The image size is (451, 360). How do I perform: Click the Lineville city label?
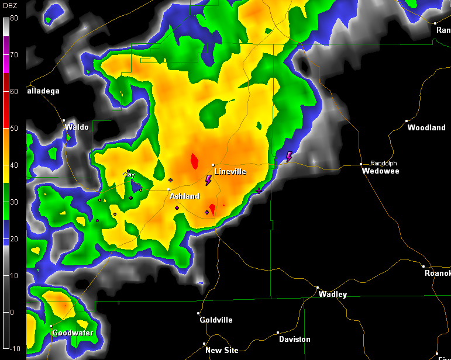point(230,172)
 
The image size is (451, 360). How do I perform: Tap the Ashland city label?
point(184,196)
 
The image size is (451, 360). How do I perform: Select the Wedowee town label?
point(380,171)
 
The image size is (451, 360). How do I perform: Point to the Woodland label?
point(426,127)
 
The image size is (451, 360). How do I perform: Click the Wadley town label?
point(332,295)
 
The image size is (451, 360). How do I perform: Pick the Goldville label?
point(216,320)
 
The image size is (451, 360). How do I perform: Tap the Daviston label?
point(294,339)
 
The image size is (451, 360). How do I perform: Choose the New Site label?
point(222,350)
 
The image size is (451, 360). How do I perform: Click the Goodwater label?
point(73,333)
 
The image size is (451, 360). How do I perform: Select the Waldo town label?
point(77,127)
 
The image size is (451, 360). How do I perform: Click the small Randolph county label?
point(384,163)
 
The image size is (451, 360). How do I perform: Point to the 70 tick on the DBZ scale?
point(14,54)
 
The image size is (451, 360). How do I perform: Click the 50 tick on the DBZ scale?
point(14,128)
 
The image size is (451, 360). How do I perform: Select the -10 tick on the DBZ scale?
point(14,348)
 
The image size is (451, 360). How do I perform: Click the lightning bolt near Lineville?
point(208,180)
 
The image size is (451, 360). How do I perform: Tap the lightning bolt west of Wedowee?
point(289,157)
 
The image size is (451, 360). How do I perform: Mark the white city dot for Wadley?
point(318,288)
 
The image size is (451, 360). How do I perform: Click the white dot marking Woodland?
point(407,121)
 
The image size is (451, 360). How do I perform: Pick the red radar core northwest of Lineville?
point(194,161)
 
